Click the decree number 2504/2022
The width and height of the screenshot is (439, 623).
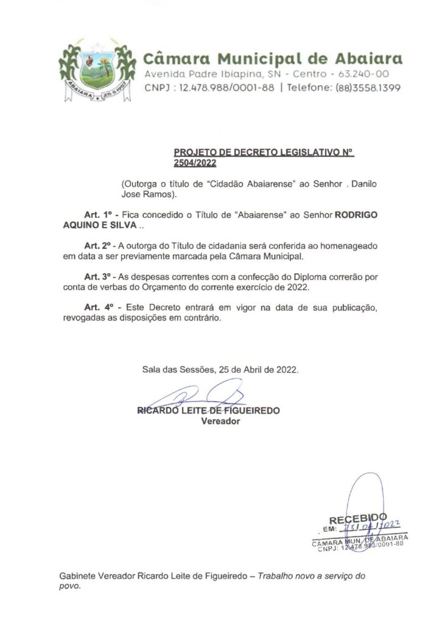[194, 163]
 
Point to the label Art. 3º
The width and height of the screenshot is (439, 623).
[97, 275]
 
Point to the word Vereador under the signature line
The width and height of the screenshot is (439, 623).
[220, 421]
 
